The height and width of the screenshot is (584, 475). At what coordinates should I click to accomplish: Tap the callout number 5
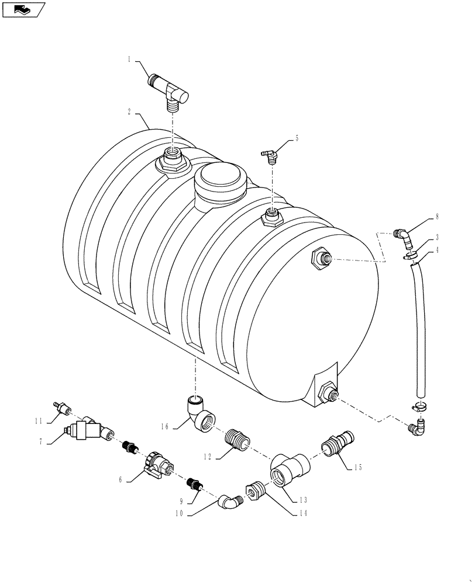point(297,138)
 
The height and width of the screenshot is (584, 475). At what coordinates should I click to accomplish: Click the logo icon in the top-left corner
point(23,9)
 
